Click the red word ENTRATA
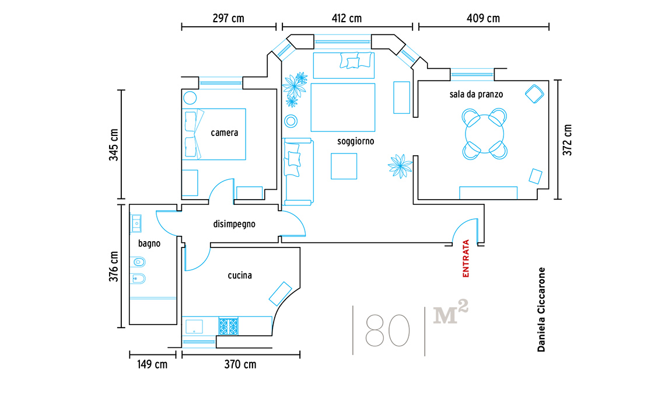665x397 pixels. click(466, 259)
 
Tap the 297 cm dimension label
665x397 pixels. click(228, 18)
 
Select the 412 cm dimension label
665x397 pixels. click(346, 18)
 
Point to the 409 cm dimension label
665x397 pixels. click(483, 18)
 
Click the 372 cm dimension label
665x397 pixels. click(568, 140)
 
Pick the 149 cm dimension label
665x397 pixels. click(152, 364)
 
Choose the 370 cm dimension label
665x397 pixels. click(240, 364)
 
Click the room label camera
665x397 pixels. click(225, 133)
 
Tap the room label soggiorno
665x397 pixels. click(355, 141)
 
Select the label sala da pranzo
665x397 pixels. click(476, 94)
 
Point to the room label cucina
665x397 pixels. click(240, 276)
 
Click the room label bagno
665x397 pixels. click(149, 243)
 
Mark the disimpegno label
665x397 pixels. click(234, 224)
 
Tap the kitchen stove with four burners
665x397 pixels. click(229, 326)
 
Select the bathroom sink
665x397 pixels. click(136, 224)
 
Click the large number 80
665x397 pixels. click(387, 330)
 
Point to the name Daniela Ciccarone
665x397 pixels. click(541, 309)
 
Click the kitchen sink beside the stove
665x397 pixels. click(194, 326)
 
